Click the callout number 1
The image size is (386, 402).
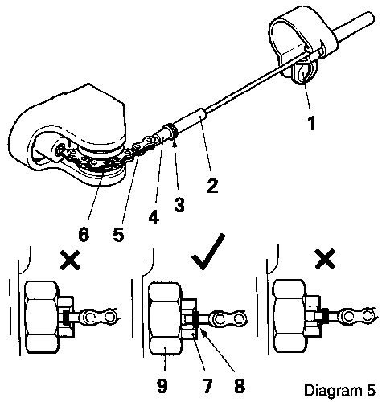pyautogui.click(x=311, y=124)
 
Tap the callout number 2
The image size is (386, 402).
pyautogui.click(x=212, y=186)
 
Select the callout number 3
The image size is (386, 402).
pyautogui.click(x=179, y=205)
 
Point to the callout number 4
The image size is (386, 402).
pyautogui.click(x=154, y=218)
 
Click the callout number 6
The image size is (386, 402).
pyautogui.click(x=84, y=235)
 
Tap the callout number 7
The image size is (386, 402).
pyautogui.click(x=207, y=386)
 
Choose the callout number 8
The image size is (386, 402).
pyautogui.click(x=239, y=386)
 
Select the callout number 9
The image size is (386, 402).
pyautogui.click(x=162, y=386)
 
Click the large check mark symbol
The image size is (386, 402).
pyautogui.click(x=208, y=252)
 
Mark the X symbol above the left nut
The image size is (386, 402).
pyautogui.click(x=70, y=260)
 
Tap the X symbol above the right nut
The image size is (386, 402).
pyautogui.click(x=325, y=259)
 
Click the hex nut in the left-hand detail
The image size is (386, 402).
pyautogui.click(x=42, y=317)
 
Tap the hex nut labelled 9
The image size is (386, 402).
pyautogui.click(x=166, y=318)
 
